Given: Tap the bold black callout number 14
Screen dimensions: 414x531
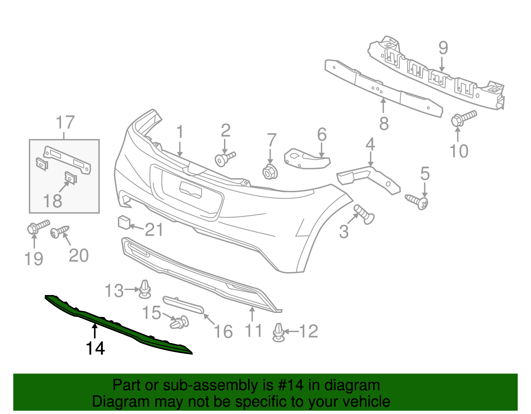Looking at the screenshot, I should [95, 348].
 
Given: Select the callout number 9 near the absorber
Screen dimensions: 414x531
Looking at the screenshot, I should [443, 48].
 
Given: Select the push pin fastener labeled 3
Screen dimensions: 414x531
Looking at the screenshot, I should [364, 214].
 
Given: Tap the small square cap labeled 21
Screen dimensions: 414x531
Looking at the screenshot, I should [124, 222].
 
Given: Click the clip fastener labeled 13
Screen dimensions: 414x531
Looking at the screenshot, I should [145, 289].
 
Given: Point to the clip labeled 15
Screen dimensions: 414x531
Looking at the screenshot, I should [180, 323].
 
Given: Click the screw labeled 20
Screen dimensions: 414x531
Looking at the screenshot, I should [60, 231].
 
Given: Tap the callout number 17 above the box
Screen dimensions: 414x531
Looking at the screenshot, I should [65, 123].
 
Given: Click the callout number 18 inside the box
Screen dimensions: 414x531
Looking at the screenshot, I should [52, 201].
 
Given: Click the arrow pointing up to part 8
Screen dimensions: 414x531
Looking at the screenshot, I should [383, 106].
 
